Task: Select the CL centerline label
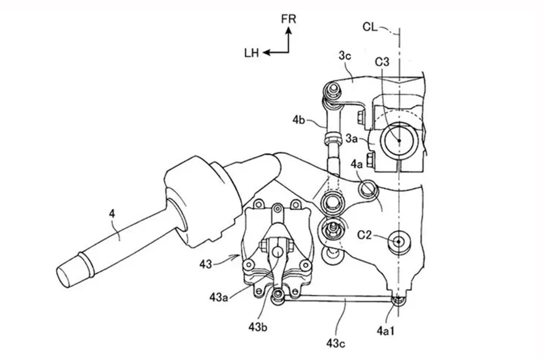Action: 370,27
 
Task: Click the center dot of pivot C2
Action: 398,242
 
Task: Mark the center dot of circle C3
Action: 399,140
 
